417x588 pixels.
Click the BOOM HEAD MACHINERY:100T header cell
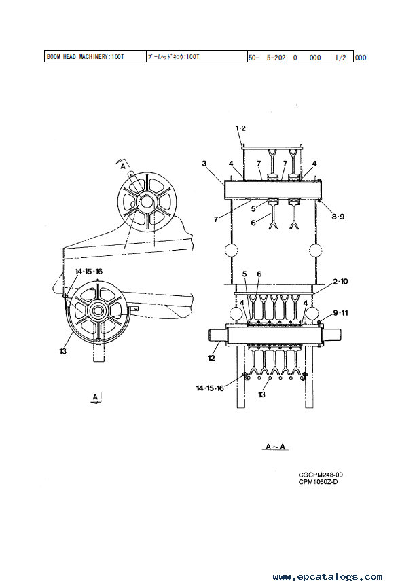point(95,56)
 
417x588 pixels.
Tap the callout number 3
point(204,164)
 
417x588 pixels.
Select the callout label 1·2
point(240,128)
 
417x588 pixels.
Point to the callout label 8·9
point(338,217)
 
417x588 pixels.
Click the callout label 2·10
point(340,281)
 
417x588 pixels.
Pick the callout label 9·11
point(340,312)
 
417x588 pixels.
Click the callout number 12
point(211,358)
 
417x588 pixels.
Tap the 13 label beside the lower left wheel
point(62,351)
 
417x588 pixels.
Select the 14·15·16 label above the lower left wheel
point(88,271)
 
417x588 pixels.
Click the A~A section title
point(275,447)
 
